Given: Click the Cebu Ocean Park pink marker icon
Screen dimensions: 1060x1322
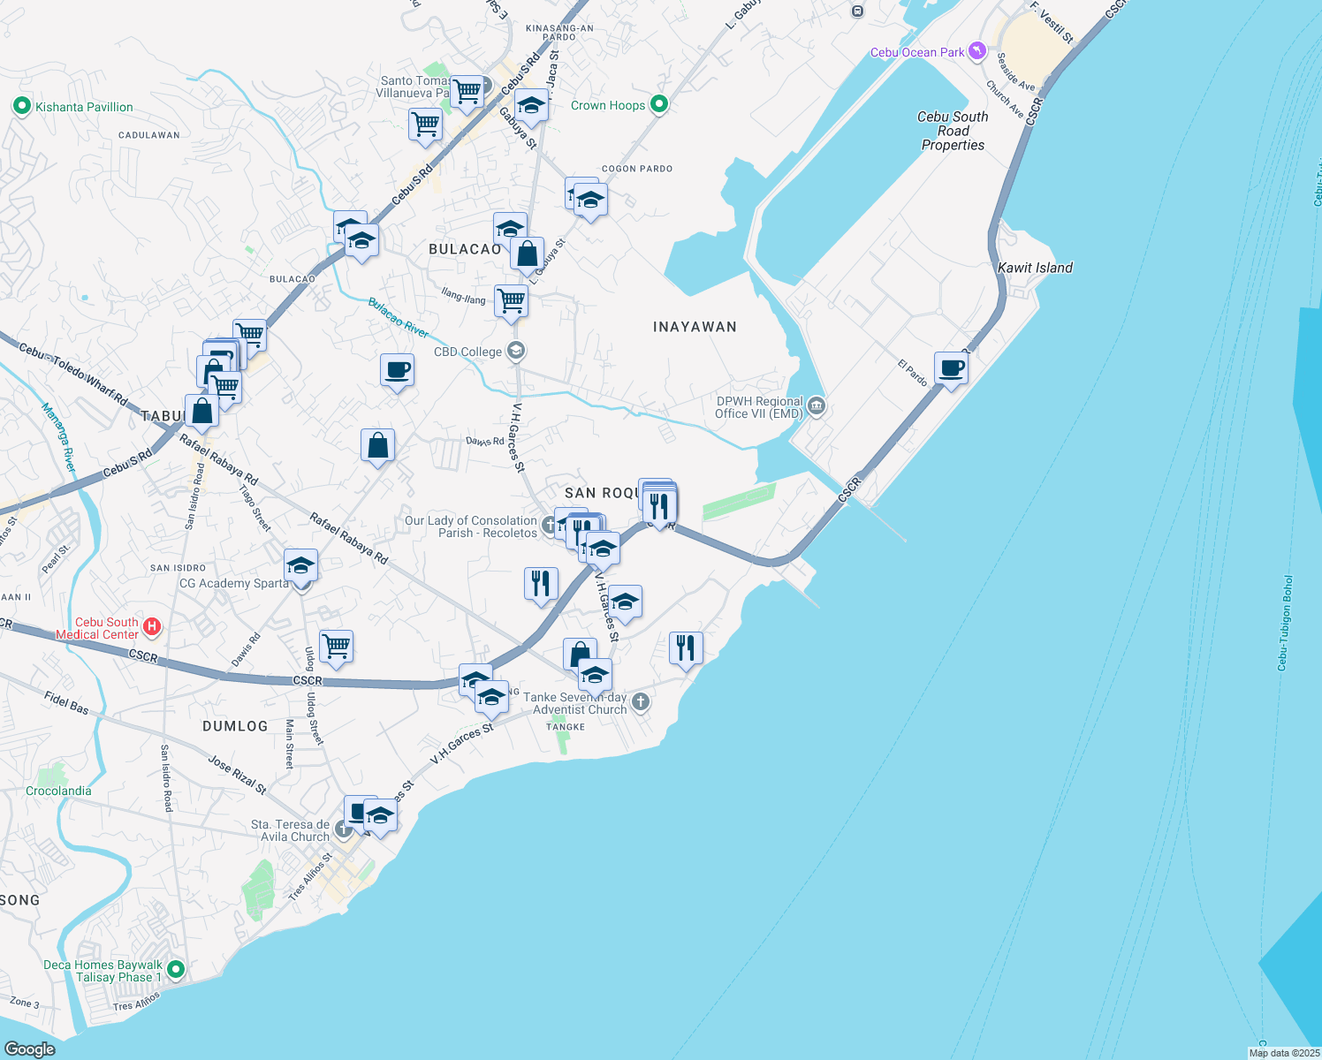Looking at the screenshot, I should pyautogui.click(x=976, y=51).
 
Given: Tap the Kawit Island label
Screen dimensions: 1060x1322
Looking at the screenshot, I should pyautogui.click(x=1035, y=268).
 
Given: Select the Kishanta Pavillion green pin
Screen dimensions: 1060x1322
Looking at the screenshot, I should pyautogui.click(x=21, y=107).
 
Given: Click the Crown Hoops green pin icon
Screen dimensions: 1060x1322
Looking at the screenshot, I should pyautogui.click(x=658, y=105).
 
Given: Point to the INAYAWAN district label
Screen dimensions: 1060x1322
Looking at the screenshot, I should pyautogui.click(x=695, y=327).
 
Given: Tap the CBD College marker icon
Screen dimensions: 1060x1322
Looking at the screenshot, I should pyautogui.click(x=516, y=352).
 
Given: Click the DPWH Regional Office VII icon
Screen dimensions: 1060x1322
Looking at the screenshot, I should pyautogui.click(x=816, y=407).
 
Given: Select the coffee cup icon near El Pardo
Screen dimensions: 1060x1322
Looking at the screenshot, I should pyautogui.click(x=951, y=368).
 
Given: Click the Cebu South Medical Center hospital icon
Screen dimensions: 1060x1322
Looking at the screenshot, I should pyautogui.click(x=152, y=627).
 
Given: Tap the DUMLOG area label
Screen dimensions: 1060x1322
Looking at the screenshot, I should pyautogui.click(x=235, y=726).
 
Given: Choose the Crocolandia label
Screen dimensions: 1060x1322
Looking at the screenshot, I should pyautogui.click(x=58, y=791).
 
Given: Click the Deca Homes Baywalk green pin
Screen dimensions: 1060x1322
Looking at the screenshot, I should pyautogui.click(x=176, y=970).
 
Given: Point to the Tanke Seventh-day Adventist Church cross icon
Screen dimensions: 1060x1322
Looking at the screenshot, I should pyautogui.click(x=641, y=702).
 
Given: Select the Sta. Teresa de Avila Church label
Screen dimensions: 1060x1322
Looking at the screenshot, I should pyautogui.click(x=290, y=830).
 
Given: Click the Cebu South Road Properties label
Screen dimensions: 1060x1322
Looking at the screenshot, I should pyautogui.click(x=953, y=131).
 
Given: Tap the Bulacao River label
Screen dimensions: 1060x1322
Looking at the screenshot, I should pyautogui.click(x=399, y=318).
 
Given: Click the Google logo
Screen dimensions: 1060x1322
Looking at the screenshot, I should pyautogui.click(x=30, y=1049).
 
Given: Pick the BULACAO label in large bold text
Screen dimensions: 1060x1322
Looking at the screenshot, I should pyautogui.click(x=465, y=249).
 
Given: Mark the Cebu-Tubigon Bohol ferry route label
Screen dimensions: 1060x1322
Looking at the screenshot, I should pyautogui.click(x=1286, y=623).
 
